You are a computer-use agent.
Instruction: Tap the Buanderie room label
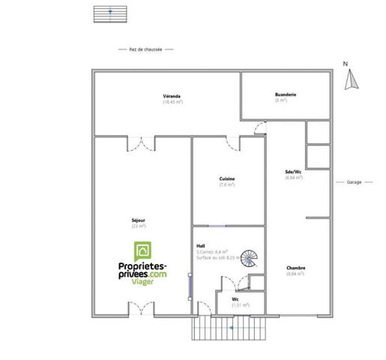pyautogui.click(x=286, y=94)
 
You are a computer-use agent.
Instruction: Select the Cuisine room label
pyautogui.click(x=227, y=178)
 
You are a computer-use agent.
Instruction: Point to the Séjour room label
pyautogui.click(x=138, y=220)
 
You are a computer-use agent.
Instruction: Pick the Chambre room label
pyautogui.click(x=295, y=268)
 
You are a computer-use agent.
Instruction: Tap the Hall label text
pyautogui.click(x=201, y=245)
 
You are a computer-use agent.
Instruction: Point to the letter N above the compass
pyautogui.click(x=346, y=64)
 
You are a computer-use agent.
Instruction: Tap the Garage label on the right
pyautogui.click(x=355, y=182)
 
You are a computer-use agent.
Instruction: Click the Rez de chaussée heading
pyautogui.click(x=147, y=49)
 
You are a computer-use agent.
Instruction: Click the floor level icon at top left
pyautogui.click(x=109, y=13)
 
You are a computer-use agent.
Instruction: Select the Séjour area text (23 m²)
pyautogui.click(x=138, y=225)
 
